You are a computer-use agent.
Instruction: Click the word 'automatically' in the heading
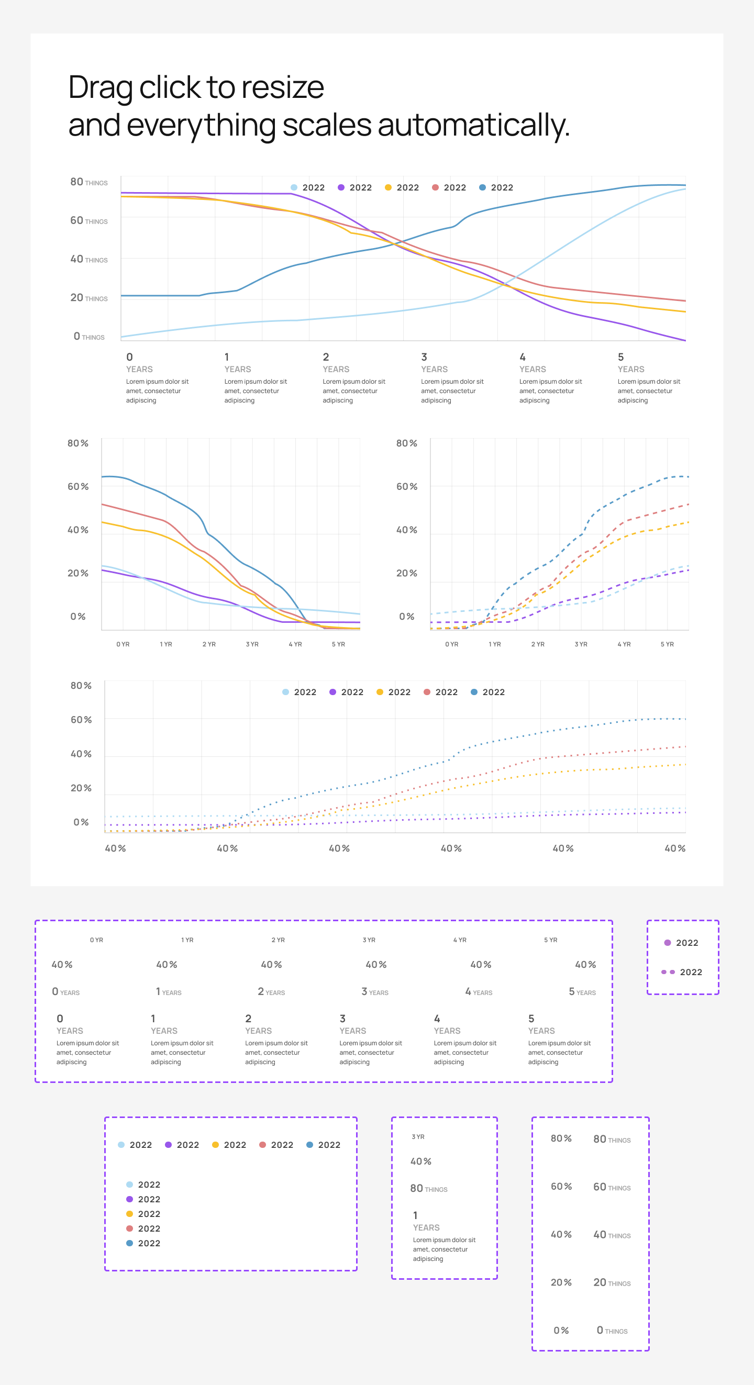(473, 125)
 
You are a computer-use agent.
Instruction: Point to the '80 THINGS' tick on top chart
(88, 182)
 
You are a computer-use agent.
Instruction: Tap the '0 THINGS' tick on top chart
(88, 337)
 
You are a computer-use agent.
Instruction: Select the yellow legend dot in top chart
(388, 187)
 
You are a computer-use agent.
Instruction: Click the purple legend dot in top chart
(341, 187)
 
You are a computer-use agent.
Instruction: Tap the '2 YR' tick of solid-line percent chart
(209, 644)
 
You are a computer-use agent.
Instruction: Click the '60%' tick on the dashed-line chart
(406, 487)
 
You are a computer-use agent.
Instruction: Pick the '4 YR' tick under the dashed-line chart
(624, 644)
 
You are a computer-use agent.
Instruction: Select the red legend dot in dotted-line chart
(426, 692)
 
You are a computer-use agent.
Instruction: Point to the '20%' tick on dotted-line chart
(81, 788)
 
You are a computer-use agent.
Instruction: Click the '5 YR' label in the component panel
(550, 940)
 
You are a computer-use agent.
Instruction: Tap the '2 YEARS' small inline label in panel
(271, 992)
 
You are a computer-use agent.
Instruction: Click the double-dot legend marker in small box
(668, 972)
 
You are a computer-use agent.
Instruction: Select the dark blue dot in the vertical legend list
(130, 1243)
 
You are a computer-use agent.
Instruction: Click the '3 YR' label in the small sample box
(418, 1136)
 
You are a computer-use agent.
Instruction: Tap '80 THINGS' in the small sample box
(429, 1189)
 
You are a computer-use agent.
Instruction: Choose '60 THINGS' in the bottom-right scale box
(612, 1187)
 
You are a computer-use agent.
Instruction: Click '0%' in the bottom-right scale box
(561, 1331)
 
